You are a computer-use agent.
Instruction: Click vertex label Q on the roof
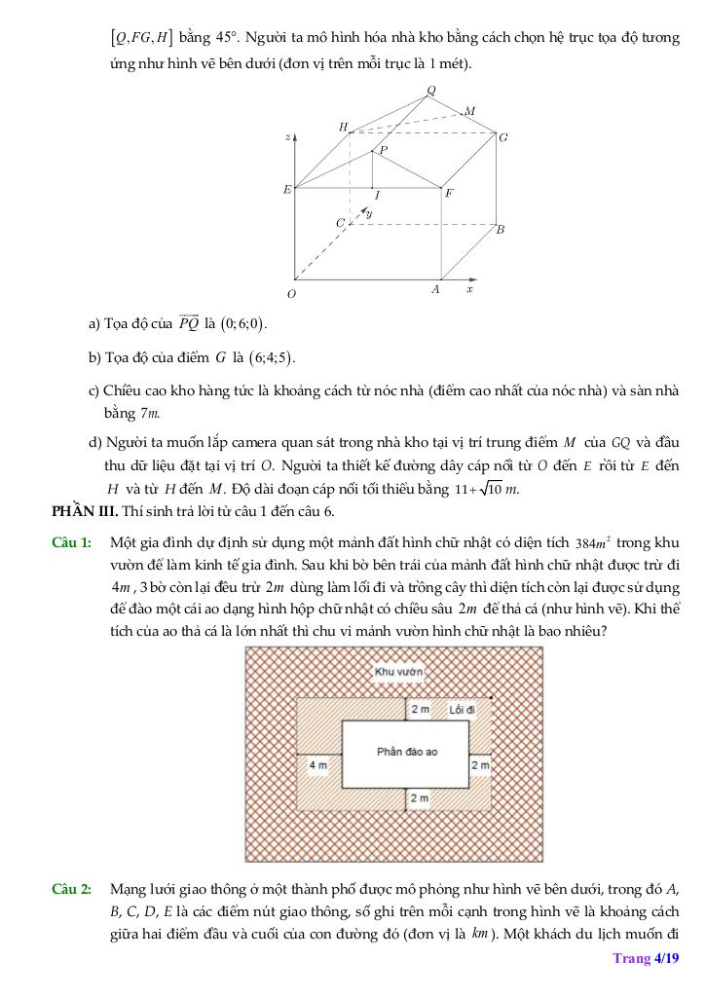click(431, 91)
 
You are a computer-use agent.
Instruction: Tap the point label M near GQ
click(469, 112)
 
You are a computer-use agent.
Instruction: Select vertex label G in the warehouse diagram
click(503, 137)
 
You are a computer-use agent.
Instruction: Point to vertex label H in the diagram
click(343, 127)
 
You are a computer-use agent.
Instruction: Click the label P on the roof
click(383, 150)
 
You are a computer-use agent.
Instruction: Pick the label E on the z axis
click(286, 190)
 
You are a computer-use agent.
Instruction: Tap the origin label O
click(290, 293)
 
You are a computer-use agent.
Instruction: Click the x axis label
click(469, 289)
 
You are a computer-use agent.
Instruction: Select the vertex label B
click(501, 231)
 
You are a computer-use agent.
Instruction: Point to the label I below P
click(377, 195)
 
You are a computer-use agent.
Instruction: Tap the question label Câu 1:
click(71, 541)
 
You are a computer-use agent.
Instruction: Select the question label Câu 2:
click(71, 889)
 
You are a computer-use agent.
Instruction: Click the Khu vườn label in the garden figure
click(398, 672)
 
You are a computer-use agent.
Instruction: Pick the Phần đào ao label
click(407, 752)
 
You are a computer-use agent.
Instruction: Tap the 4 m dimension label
click(317, 765)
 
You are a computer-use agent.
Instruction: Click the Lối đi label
click(463, 710)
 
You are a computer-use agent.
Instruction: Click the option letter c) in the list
click(94, 390)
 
